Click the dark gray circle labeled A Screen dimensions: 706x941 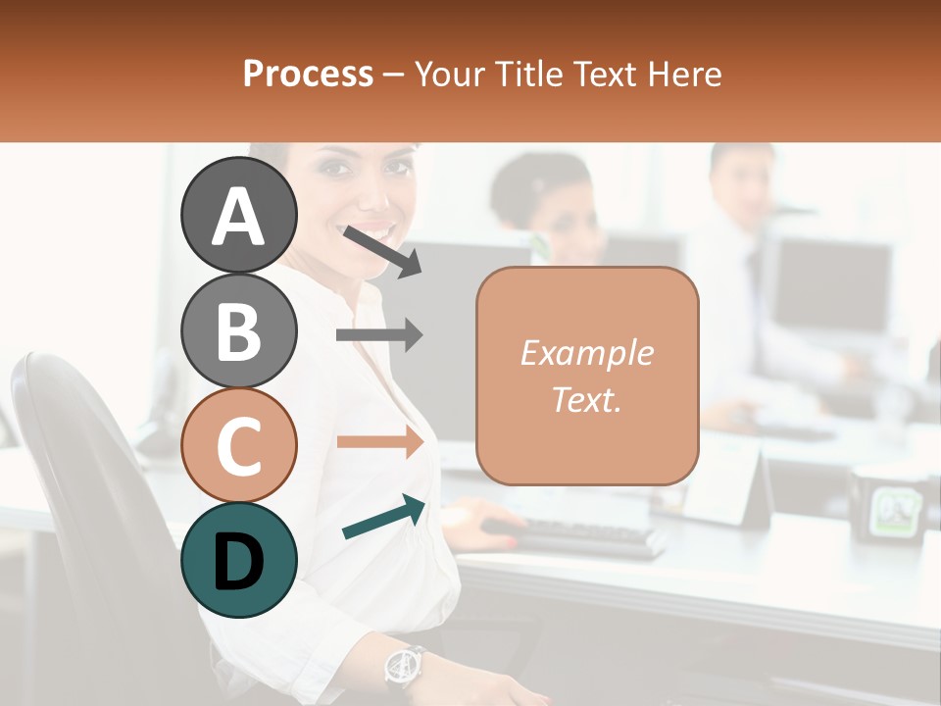(x=239, y=215)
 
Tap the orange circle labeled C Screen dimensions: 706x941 (x=239, y=445)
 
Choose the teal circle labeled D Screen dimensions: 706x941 (x=239, y=560)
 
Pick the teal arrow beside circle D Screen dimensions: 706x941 (x=383, y=518)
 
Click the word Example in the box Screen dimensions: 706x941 (x=586, y=353)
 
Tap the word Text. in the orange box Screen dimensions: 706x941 (x=586, y=400)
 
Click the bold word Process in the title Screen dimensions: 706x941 (x=308, y=74)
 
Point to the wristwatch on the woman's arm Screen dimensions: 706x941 (x=404, y=667)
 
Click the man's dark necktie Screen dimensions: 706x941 (x=753, y=279)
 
